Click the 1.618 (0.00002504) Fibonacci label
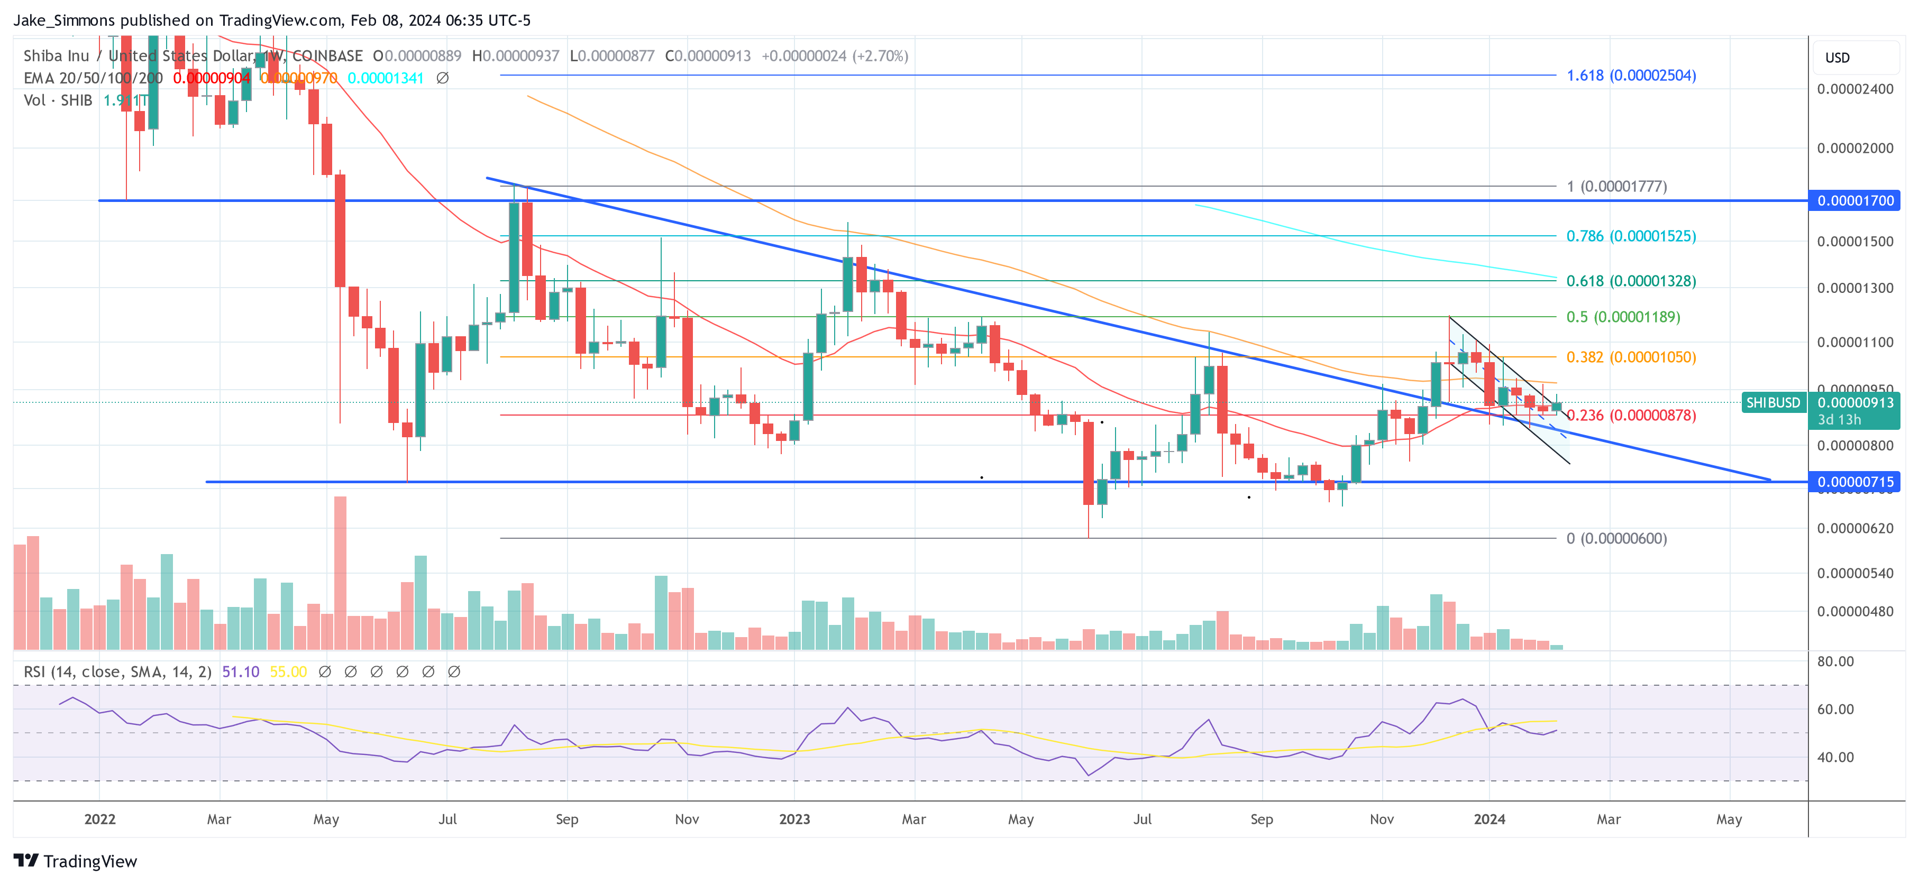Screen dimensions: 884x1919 click(x=1631, y=75)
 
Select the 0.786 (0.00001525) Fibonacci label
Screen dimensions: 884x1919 click(x=1631, y=236)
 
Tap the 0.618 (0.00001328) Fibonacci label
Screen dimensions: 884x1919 click(x=1631, y=281)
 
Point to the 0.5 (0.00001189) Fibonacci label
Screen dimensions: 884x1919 click(x=1622, y=317)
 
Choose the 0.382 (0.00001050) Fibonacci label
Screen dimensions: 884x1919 click(x=1631, y=357)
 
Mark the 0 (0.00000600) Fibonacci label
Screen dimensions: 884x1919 click(x=1616, y=538)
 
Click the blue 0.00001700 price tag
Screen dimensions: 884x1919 click(x=1855, y=200)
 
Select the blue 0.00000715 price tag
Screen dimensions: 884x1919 click(x=1855, y=482)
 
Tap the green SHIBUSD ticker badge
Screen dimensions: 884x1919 click(x=1772, y=403)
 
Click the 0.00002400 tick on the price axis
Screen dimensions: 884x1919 click(x=1855, y=89)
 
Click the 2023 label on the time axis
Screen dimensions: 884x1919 click(x=794, y=819)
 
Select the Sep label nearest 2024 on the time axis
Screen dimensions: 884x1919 click(x=1261, y=819)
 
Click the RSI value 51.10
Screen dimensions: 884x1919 click(x=241, y=672)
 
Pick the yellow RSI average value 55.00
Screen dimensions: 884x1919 click(x=288, y=672)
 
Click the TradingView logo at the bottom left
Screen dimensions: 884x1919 click(x=75, y=861)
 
